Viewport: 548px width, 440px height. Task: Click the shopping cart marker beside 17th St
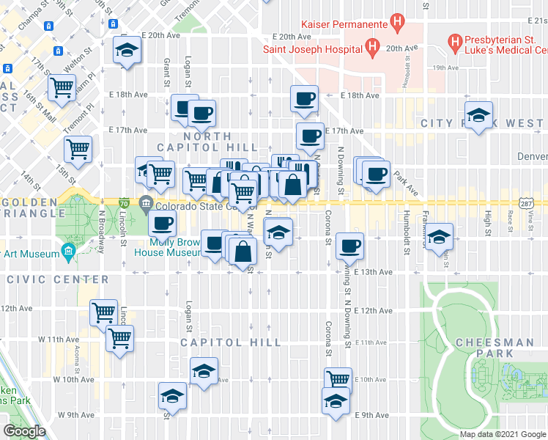62,88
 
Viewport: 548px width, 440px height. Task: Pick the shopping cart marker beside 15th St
78,150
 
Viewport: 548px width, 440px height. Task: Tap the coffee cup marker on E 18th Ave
303,98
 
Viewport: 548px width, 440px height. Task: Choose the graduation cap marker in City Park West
479,115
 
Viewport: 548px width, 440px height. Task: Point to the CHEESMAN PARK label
495,348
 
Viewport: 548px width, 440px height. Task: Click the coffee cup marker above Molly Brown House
163,224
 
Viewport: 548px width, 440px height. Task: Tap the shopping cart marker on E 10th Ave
338,379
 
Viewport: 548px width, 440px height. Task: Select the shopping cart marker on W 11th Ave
119,339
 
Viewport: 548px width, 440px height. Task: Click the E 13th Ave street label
373,272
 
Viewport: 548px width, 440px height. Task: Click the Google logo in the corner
25,431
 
